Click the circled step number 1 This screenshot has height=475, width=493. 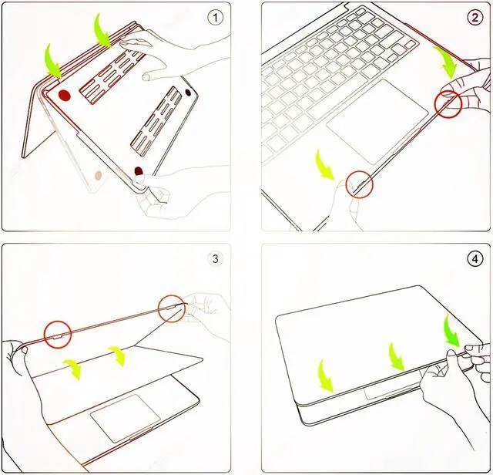pos(215,18)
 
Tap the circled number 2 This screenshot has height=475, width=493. pos(475,17)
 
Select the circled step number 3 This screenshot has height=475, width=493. pos(216,259)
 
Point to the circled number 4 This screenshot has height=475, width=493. pos(475,259)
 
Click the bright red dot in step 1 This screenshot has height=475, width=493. pos(64,96)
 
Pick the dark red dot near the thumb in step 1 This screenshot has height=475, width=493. pos(139,171)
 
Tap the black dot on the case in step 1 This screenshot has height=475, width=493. pos(188,93)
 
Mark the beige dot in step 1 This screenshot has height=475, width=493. pos(99,175)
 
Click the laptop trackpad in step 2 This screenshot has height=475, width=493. pos(377,122)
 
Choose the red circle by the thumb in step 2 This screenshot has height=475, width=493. pos(448,105)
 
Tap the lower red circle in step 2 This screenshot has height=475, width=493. pos(360,185)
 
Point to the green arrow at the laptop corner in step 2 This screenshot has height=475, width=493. pos(445,62)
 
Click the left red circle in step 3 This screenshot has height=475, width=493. pos(58,335)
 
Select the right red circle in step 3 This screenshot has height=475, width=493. pos(171,308)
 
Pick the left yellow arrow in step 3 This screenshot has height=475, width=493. pos(73,369)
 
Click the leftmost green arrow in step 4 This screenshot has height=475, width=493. pos(325,376)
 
